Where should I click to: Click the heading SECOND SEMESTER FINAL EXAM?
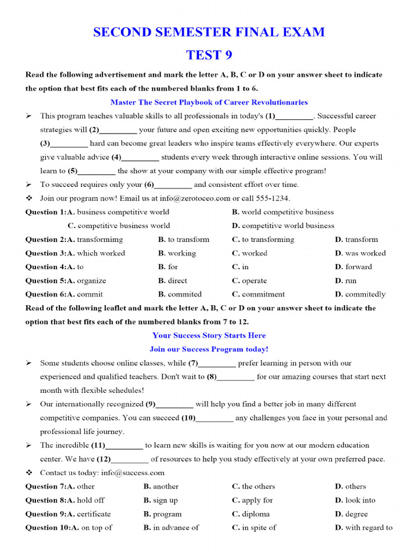[208, 32]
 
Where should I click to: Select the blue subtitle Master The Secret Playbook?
[208, 102]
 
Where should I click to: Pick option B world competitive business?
[283, 212]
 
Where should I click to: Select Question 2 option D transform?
[356, 239]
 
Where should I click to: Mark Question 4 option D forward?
[354, 266]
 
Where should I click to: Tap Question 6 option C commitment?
[258, 294]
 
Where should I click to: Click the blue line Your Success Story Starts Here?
[208, 335]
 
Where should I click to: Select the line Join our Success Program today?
[208, 349]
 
